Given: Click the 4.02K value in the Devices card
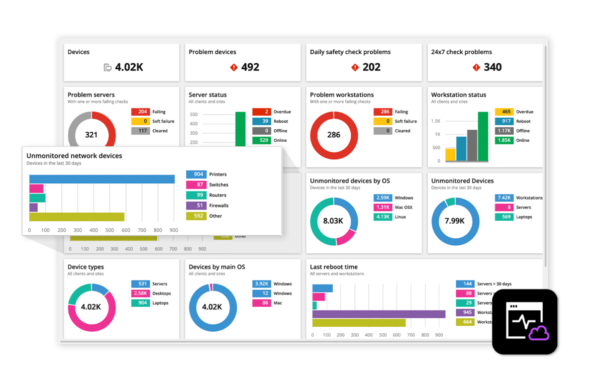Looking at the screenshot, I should point(129,67).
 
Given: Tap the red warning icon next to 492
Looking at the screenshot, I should point(233,67).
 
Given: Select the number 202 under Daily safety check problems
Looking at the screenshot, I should point(371,67).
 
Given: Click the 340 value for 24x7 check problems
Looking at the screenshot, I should point(492,67).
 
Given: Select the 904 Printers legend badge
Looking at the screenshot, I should point(195,174).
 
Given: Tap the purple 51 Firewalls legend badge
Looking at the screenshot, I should point(195,206).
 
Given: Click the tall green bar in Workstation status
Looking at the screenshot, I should point(483,136).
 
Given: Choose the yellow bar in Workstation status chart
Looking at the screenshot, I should point(451,154).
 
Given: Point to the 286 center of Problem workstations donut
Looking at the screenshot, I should point(334,135).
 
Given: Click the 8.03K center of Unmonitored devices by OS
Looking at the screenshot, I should point(333,221).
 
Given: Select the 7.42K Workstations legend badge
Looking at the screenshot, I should point(504,198).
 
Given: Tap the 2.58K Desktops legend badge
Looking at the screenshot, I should point(140,294).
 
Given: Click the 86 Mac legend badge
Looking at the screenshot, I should point(261,303).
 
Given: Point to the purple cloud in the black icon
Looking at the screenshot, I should point(539,333).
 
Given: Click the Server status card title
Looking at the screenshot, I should point(208,95).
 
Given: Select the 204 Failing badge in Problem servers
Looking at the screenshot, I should point(140,112).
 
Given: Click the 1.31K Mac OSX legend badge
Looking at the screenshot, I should point(383,207).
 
